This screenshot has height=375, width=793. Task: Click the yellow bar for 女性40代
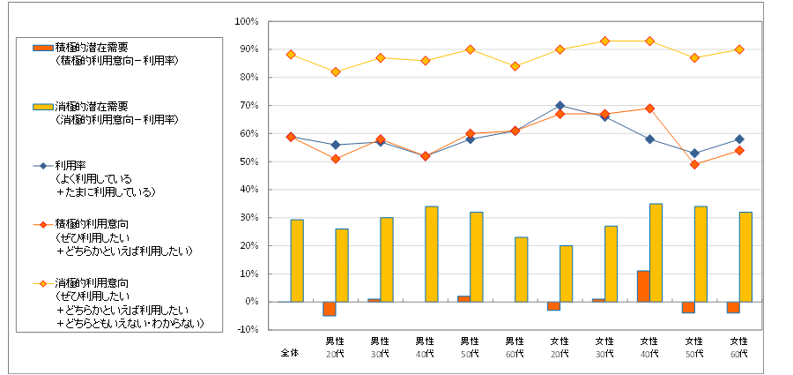tap(656, 252)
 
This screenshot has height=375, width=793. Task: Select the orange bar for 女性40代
tap(643, 286)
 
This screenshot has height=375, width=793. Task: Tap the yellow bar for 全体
tap(297, 260)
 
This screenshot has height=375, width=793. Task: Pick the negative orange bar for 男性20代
tap(329, 308)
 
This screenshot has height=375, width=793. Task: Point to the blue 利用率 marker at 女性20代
tap(560, 106)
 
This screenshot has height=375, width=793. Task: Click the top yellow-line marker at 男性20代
tap(336, 71)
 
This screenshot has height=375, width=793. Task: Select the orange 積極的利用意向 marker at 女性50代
tap(694, 164)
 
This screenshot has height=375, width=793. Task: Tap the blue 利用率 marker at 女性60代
tap(739, 139)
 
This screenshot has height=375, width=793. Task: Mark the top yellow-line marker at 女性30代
tap(604, 41)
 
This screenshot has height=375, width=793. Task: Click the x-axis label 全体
tap(291, 353)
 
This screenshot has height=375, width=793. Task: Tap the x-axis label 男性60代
tap(515, 347)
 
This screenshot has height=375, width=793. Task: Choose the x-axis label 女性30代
tap(604, 347)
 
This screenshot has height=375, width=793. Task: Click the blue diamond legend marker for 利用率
tap(41, 165)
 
